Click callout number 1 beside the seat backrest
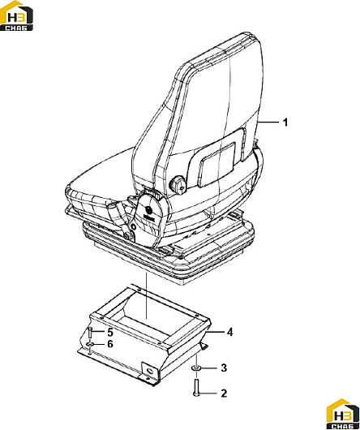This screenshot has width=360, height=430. pos(285,123)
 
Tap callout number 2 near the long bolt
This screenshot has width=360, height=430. pos(224,393)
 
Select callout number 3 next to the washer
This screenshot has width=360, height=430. pos(224,368)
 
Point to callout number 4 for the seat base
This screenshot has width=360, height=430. pos(229,332)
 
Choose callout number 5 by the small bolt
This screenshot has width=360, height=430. pos(110,333)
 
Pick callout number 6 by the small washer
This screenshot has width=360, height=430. pos(110,344)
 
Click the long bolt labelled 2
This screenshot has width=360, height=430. pos(196,387)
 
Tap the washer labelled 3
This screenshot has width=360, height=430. pos(196,368)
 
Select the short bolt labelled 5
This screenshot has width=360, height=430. pos(90,333)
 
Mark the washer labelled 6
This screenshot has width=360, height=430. pos(90,344)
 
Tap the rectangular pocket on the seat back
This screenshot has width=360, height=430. pos(217,165)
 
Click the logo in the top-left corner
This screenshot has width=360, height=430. pos(16,15)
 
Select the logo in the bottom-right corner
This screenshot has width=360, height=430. pos(343,415)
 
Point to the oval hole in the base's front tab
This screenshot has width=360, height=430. pos(150,371)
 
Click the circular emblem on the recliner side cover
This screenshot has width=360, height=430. pos(148,211)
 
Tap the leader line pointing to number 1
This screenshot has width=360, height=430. pos(268,122)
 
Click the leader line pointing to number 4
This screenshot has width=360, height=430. pos(216,332)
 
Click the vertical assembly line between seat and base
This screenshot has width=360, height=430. pos(147,295)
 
